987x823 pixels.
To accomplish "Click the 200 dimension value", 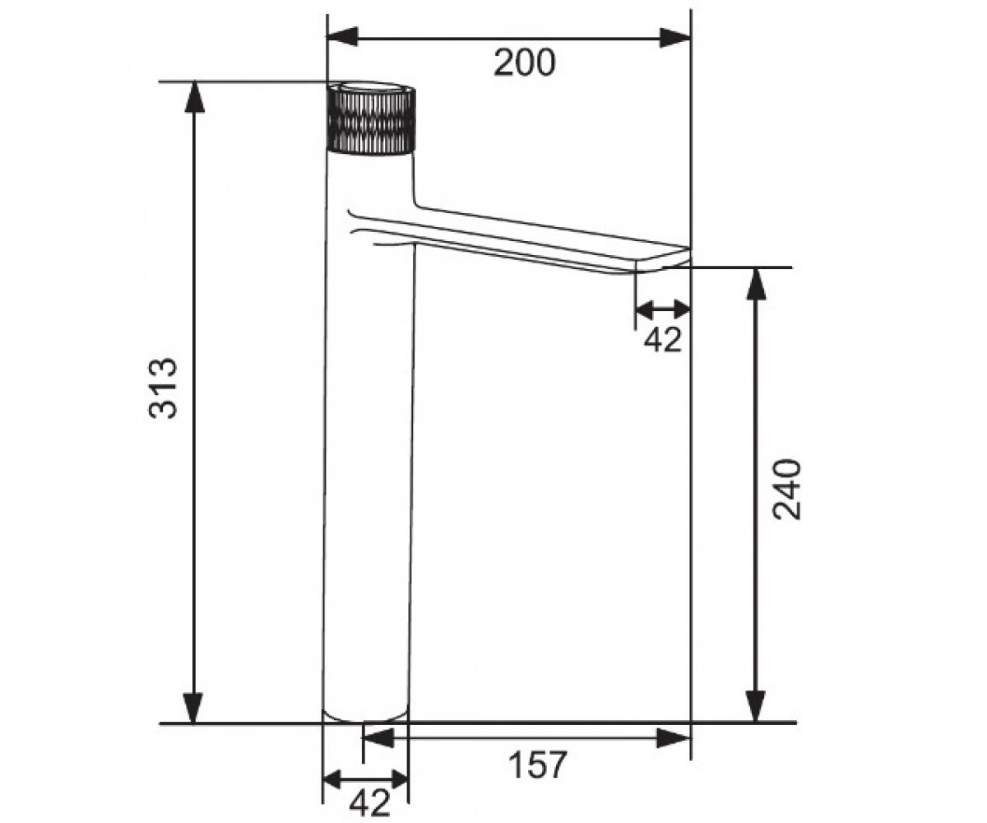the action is (x=525, y=63).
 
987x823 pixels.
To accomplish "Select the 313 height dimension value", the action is (x=163, y=388).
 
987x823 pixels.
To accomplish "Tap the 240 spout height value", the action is (x=787, y=489).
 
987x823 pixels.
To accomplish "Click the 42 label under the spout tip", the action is (x=663, y=338).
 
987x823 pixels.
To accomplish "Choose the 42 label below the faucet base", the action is (x=369, y=802).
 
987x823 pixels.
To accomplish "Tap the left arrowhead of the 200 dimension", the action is (x=342, y=37).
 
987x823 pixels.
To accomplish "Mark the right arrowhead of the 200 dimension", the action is (x=675, y=38).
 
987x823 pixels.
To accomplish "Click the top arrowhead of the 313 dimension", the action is (x=194, y=97).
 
